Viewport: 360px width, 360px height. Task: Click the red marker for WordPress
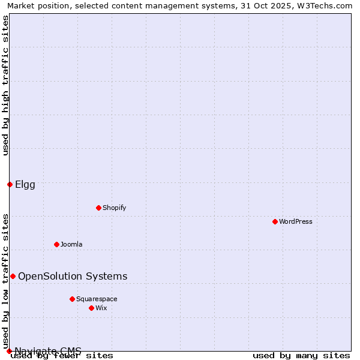pyautogui.click(x=275, y=221)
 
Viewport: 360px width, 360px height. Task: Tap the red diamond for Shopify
pyautogui.click(x=98, y=208)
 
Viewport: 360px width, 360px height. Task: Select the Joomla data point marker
pyautogui.click(x=56, y=244)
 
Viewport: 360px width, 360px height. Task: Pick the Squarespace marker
pyautogui.click(x=72, y=299)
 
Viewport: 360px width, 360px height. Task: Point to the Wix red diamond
pyautogui.click(x=91, y=308)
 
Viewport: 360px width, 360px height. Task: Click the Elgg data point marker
pyautogui.click(x=10, y=184)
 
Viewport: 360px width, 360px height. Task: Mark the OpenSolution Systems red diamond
pyautogui.click(x=13, y=276)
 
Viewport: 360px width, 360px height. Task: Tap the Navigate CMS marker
pyautogui.click(x=9, y=351)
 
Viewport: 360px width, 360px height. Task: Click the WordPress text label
pyautogui.click(x=296, y=221)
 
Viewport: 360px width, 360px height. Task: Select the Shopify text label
pyautogui.click(x=114, y=208)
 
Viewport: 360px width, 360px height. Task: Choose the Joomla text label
pyautogui.click(x=71, y=244)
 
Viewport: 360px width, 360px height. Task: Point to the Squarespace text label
pyautogui.click(x=97, y=299)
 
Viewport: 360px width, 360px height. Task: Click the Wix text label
pyautogui.click(x=101, y=308)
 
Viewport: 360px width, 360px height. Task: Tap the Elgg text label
pyautogui.click(x=25, y=184)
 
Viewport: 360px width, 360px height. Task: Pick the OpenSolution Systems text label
pyautogui.click(x=73, y=276)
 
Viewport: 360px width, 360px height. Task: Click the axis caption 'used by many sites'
pyautogui.click(x=301, y=356)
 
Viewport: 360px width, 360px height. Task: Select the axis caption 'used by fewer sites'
pyautogui.click(x=62, y=356)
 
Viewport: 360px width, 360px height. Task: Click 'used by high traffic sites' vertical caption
pyautogui.click(x=5, y=85)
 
